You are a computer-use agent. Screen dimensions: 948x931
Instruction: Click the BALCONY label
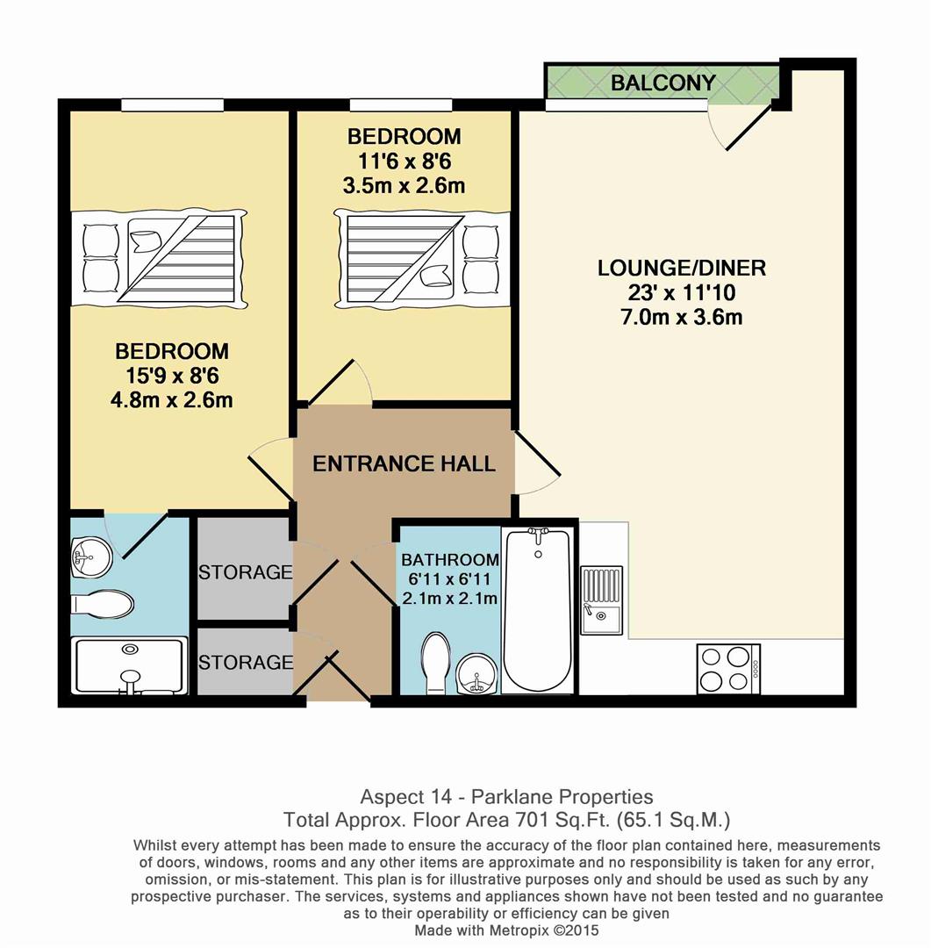click(x=662, y=83)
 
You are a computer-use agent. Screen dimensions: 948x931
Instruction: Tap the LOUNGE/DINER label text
click(x=681, y=268)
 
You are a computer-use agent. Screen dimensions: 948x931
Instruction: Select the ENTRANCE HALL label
click(x=404, y=463)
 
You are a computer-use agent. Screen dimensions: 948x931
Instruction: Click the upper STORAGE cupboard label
click(x=245, y=572)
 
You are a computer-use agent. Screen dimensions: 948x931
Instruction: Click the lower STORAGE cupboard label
click(x=245, y=662)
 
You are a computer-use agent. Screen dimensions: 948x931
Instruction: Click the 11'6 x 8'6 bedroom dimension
click(x=404, y=161)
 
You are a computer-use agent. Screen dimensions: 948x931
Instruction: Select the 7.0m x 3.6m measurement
click(x=681, y=317)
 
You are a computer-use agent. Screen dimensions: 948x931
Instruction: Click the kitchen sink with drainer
click(x=601, y=599)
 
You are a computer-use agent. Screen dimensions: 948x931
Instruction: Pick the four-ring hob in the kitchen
click(x=728, y=669)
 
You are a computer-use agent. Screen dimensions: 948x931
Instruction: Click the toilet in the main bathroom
click(x=436, y=663)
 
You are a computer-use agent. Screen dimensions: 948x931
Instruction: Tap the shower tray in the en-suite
click(x=130, y=665)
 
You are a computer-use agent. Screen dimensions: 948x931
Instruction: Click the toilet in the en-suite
click(x=104, y=603)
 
